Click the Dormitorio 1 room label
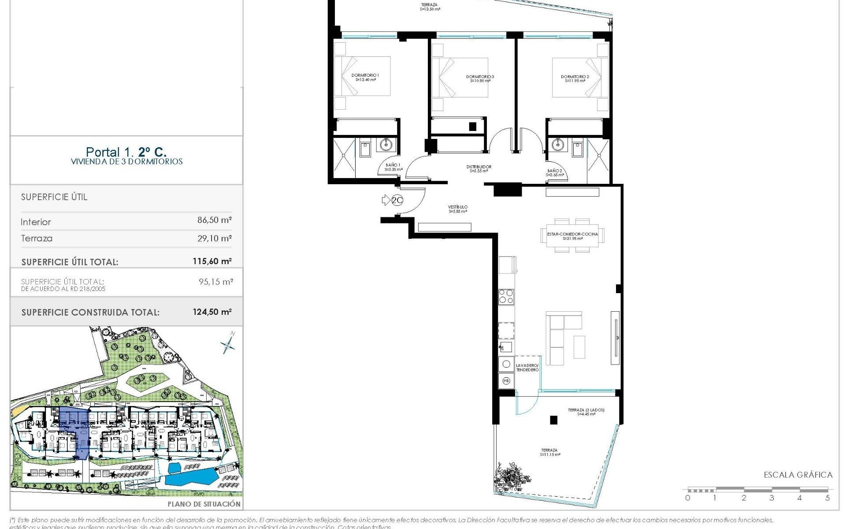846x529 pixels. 365,78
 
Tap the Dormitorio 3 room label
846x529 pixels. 480,79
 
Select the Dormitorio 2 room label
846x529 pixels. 575,78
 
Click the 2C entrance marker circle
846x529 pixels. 397,201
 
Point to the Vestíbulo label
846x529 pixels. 458,209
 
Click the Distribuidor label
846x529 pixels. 479,169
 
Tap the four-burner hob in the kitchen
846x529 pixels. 506,296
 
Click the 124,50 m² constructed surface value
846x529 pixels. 212,312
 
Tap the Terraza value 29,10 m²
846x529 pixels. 214,238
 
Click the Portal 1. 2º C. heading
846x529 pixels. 126,153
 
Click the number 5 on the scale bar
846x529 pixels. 827,498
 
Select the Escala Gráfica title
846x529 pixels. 798,475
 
